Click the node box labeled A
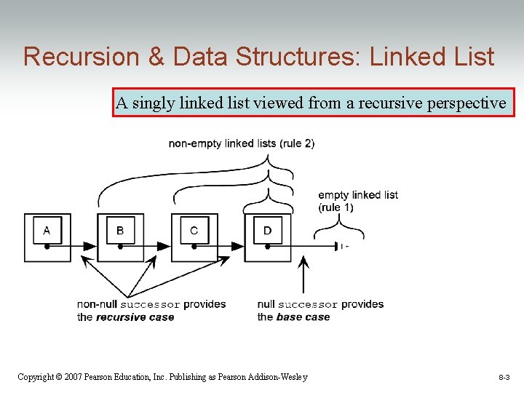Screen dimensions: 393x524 [x=47, y=237]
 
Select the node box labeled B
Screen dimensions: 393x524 [x=121, y=237]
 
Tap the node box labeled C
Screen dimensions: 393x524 [x=194, y=237]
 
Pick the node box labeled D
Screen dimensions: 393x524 [x=268, y=237]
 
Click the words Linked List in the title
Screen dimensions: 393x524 [x=432, y=57]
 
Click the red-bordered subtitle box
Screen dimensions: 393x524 [x=313, y=103]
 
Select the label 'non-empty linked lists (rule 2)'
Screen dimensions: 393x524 [x=242, y=143]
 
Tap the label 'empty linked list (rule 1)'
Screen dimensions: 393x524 [x=357, y=201]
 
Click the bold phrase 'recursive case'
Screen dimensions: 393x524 [x=135, y=317]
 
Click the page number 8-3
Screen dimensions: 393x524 [x=504, y=378]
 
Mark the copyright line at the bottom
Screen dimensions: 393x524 [x=162, y=377]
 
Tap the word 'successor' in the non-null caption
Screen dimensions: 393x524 [x=150, y=304]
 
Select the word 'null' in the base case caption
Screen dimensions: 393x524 [x=266, y=304]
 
